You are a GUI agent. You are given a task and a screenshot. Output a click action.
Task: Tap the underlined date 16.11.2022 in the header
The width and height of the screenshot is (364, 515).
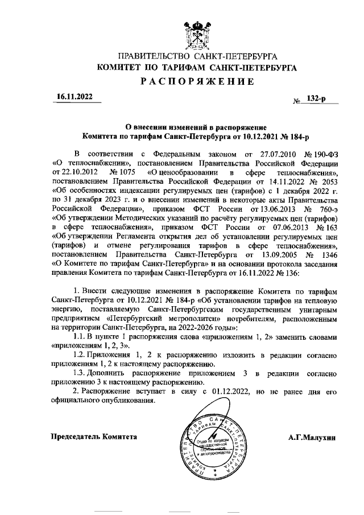73,97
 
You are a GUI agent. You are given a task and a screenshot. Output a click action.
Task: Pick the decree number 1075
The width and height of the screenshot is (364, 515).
119,172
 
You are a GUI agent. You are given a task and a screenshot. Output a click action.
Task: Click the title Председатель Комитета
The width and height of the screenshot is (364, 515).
94,436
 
